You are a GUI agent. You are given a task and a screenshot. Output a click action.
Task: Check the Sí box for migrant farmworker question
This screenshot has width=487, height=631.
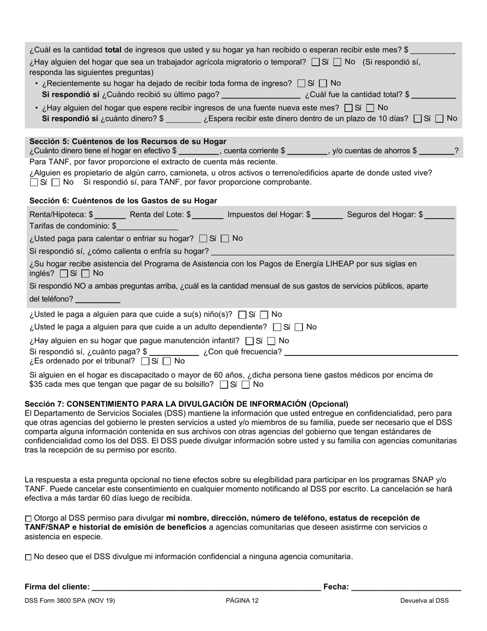coord(315,62)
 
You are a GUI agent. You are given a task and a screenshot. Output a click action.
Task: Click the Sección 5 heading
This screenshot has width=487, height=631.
coord(128,141)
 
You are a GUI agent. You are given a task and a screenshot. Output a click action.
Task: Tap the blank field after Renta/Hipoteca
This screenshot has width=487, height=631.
coord(110,215)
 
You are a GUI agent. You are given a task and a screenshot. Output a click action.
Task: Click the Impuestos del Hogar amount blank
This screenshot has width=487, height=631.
coord(328,215)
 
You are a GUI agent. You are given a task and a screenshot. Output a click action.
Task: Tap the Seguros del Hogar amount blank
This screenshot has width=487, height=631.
coord(440,215)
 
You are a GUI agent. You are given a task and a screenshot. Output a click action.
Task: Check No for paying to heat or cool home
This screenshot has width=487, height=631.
coord(225,239)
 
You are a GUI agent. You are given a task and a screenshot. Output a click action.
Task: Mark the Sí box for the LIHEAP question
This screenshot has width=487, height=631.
coord(64,273)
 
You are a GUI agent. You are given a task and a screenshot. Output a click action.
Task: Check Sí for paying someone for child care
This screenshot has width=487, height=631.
coord(243,314)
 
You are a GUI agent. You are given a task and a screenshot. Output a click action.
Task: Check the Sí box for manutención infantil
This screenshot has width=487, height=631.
coord(250,341)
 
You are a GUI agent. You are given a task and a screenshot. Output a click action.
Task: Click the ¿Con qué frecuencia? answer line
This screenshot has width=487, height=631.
coord(371,352)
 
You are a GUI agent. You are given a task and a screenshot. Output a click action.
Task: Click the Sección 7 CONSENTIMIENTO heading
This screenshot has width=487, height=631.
coord(187,404)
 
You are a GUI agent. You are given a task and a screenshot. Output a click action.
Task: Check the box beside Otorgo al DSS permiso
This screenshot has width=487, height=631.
coord(28,519)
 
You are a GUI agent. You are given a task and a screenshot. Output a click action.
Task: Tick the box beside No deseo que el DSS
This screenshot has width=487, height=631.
coord(28,557)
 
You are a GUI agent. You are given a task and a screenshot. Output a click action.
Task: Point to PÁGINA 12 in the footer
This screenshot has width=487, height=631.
coord(242,600)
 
